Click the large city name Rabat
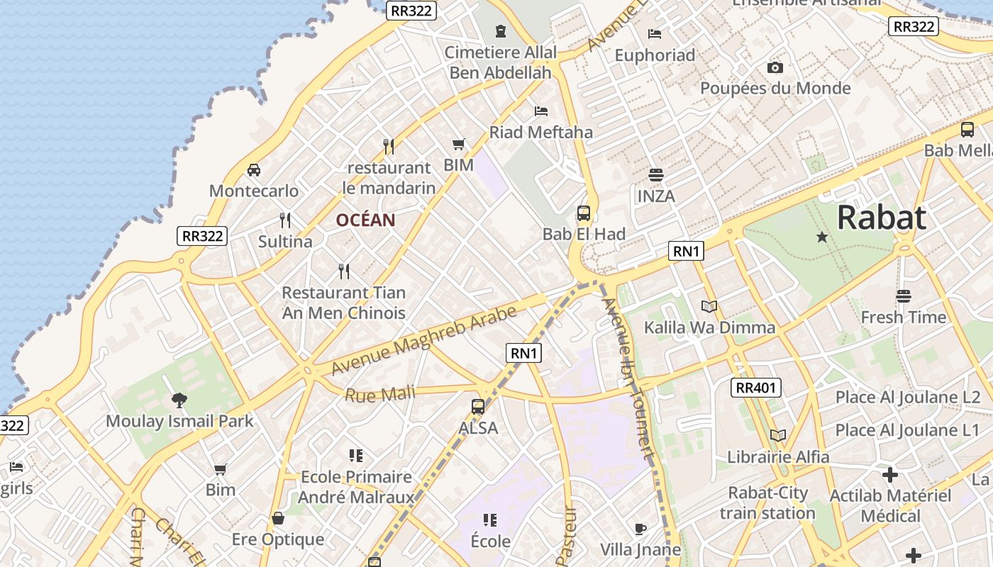[x=882, y=218]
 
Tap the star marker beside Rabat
[x=822, y=237]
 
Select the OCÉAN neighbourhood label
[x=365, y=220]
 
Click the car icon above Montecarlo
[x=253, y=170]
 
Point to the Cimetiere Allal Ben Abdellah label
[x=501, y=62]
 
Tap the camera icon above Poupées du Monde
[x=775, y=67]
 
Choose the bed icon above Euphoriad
[x=655, y=34]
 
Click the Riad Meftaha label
[x=541, y=132]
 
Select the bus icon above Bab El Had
[x=583, y=213]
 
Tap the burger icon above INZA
[x=655, y=174]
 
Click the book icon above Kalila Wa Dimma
[x=709, y=306]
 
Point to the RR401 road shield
[x=757, y=388]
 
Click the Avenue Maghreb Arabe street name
[x=423, y=341]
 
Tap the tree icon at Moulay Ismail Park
[x=179, y=400]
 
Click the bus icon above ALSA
[x=478, y=407]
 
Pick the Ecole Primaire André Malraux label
[x=356, y=487]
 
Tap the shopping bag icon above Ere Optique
[x=278, y=518]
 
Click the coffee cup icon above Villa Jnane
[x=640, y=529]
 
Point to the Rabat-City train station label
[x=767, y=503]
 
